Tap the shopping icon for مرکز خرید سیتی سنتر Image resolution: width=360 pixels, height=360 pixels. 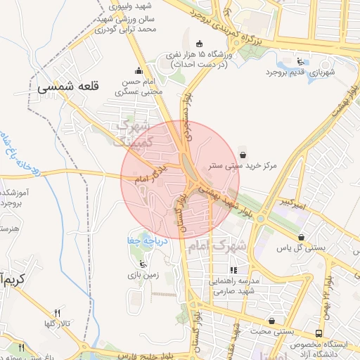(x=243, y=154)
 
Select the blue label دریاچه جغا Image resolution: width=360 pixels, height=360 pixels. (x=150, y=240)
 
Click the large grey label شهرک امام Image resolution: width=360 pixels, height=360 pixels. (x=218, y=247)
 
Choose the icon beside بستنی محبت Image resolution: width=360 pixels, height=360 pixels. (x=271, y=321)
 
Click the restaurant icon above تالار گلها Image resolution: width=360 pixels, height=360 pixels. (x=58, y=312)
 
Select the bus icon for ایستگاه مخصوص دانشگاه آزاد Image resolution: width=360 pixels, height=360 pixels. (x=320, y=334)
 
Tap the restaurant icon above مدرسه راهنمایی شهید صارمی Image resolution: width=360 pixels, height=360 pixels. (x=233, y=269)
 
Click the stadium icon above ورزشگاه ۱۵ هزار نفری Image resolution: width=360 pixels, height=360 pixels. (x=199, y=43)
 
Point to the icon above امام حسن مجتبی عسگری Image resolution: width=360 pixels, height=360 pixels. (x=138, y=70)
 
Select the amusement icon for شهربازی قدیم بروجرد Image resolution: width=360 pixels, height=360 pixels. (x=301, y=60)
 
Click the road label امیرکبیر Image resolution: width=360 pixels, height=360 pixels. (x=291, y=203)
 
